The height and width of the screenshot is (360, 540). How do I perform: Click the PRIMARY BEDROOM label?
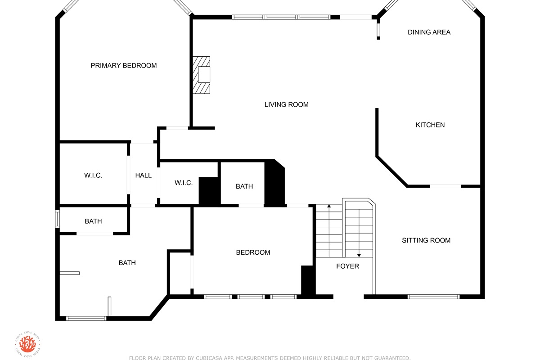(x=124, y=66)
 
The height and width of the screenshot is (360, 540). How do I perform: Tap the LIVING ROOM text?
(x=286, y=105)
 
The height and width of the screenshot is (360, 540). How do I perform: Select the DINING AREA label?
(x=429, y=32)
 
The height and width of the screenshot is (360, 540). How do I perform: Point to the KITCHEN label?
(x=430, y=125)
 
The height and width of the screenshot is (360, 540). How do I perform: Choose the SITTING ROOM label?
(x=426, y=240)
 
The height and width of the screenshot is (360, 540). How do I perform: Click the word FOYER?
(x=347, y=266)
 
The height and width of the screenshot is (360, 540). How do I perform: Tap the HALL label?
(x=144, y=175)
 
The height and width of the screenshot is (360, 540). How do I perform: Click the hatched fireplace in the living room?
(x=201, y=75)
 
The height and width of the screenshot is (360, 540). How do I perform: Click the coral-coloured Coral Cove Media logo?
(x=27, y=344)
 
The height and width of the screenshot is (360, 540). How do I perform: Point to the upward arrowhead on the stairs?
(x=329, y=206)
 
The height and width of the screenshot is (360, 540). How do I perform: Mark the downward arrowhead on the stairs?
(x=359, y=255)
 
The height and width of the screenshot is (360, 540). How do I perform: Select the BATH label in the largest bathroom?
(x=127, y=263)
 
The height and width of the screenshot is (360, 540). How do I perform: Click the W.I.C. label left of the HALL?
(x=93, y=175)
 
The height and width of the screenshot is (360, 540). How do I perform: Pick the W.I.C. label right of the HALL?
(x=184, y=183)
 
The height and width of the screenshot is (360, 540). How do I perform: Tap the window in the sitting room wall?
(x=434, y=297)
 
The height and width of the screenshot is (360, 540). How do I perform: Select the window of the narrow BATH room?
(x=58, y=219)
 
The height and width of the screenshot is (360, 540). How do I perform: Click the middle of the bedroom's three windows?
(x=251, y=297)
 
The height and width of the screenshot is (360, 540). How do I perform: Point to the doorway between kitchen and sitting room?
(x=445, y=186)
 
